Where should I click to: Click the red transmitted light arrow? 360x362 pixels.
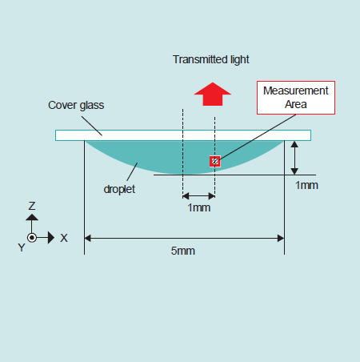click(213, 94)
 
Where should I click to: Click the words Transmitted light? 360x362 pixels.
click(210, 59)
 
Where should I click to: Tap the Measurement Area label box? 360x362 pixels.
click(296, 98)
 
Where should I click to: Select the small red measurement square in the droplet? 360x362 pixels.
click(215, 161)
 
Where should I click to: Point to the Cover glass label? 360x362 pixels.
click(76, 105)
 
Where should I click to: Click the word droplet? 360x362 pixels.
click(119, 189)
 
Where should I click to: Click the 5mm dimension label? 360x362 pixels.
click(183, 251)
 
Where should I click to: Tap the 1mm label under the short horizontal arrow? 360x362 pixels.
click(199, 207)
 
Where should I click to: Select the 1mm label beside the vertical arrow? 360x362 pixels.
click(306, 185)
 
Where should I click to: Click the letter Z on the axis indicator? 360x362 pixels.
click(32, 206)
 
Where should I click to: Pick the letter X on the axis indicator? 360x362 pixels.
click(64, 238)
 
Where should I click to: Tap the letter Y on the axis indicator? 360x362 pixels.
click(22, 247)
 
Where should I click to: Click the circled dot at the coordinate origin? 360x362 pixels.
click(32, 237)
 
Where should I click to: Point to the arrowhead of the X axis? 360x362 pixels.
click(51, 237)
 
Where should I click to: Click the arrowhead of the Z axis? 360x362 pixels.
click(32, 217)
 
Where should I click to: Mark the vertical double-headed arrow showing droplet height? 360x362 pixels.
click(294, 158)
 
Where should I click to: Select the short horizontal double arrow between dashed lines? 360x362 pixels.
click(199, 196)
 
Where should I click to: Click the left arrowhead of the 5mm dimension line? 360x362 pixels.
click(88, 238)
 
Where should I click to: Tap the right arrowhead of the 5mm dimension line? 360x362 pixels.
click(281, 238)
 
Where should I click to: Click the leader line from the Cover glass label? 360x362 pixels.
click(92, 126)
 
